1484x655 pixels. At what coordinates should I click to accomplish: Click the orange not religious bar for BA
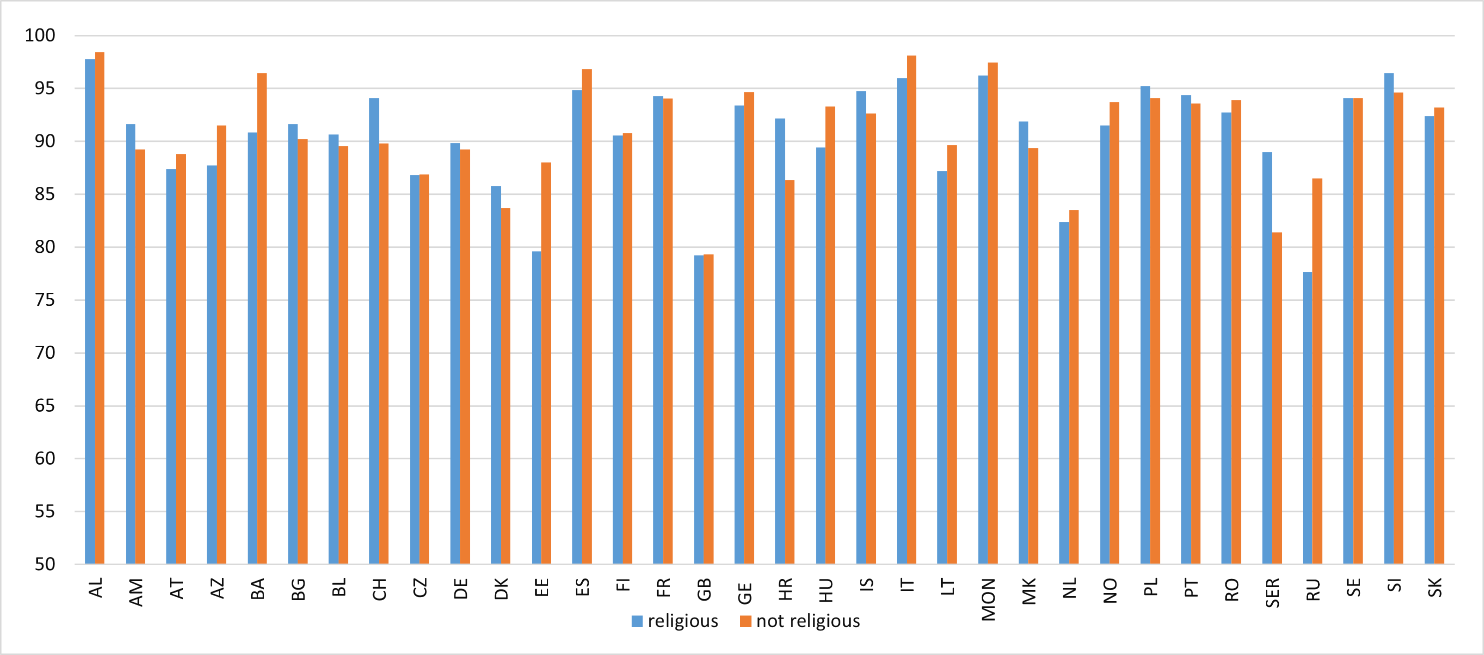point(262,318)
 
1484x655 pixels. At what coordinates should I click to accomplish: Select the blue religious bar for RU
point(1307,418)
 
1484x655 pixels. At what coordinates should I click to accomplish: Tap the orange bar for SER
point(1277,398)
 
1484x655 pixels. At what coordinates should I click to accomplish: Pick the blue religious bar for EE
point(536,407)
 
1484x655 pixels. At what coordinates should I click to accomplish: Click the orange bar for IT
point(911,310)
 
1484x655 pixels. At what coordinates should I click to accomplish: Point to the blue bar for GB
point(699,409)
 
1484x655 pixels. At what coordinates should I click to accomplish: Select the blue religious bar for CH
point(374,331)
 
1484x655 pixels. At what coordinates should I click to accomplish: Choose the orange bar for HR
point(790,372)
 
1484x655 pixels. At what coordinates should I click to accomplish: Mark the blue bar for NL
point(1064,393)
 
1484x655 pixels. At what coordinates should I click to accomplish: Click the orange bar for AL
point(100,308)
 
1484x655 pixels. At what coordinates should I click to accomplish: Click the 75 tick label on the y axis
point(44,300)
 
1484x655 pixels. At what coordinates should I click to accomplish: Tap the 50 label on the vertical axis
point(44,564)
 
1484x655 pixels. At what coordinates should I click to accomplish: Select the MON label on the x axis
point(989,600)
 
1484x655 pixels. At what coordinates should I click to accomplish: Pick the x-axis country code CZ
point(420,588)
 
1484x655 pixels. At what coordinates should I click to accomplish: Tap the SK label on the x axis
point(1435,588)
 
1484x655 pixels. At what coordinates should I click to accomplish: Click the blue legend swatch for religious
point(637,621)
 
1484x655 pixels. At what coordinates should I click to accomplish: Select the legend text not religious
point(808,621)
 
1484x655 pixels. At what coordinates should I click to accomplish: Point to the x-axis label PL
point(1150,588)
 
